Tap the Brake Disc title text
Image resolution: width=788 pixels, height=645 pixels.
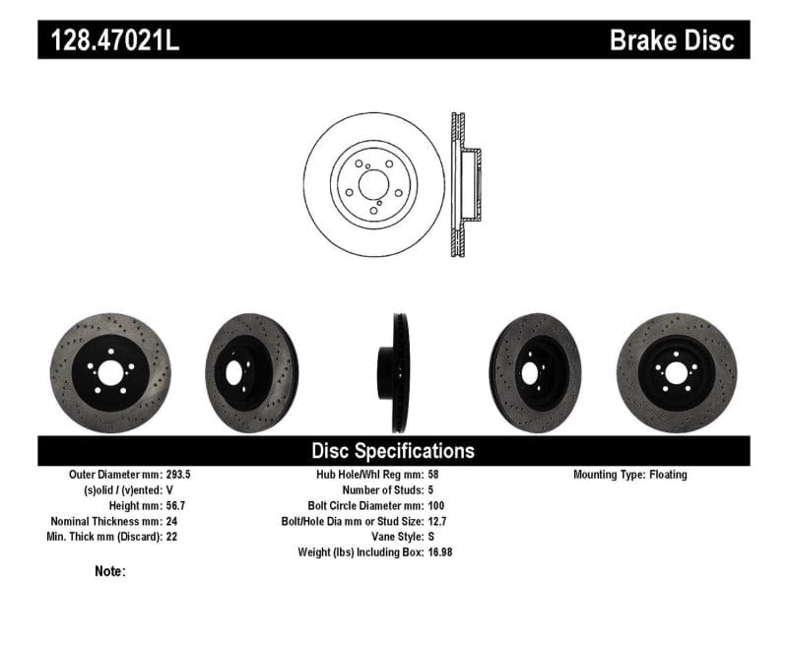coord(672,41)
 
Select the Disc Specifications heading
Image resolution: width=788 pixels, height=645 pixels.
coord(393,451)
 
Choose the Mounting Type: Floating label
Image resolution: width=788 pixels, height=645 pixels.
coord(630,475)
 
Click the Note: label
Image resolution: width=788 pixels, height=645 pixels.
coord(110,571)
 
